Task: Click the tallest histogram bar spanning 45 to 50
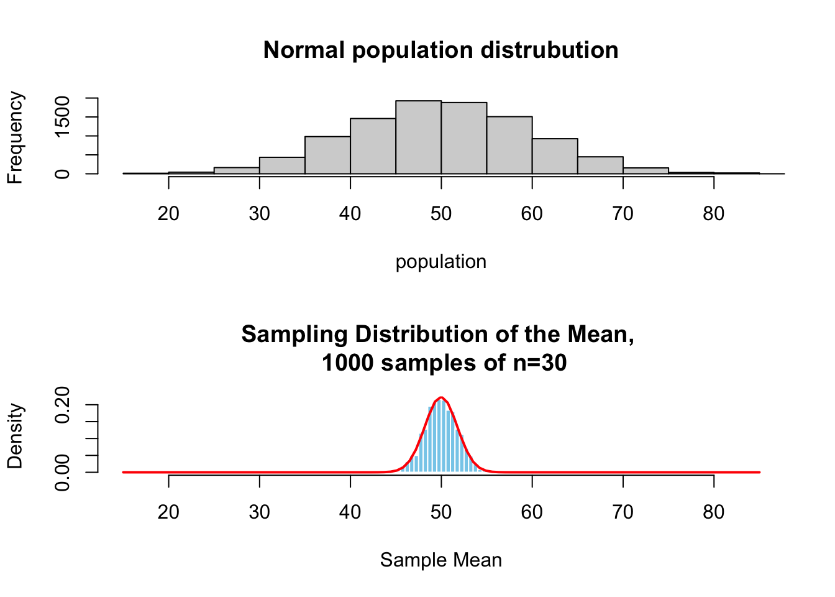[x=418, y=137]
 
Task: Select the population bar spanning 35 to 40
[x=327, y=155]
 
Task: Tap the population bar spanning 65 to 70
[x=600, y=165]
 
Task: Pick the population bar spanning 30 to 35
[x=282, y=165]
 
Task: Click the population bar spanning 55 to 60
[x=509, y=145]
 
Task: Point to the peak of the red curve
[x=441, y=397]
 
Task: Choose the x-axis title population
[x=441, y=262]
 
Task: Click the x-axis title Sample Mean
[x=441, y=560]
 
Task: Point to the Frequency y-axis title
[x=15, y=137]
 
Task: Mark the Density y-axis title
[x=15, y=436]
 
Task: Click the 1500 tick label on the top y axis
[x=63, y=117]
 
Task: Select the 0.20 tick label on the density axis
[x=63, y=405]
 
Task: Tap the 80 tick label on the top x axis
[x=713, y=214]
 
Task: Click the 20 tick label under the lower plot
[x=168, y=512]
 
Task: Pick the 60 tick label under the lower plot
[x=532, y=512]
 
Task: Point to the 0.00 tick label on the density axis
[x=63, y=473]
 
